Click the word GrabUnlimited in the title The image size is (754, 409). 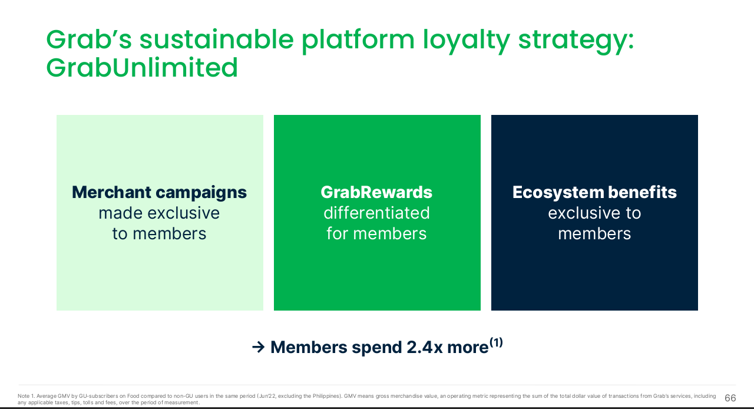click(142, 67)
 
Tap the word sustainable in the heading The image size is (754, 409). click(216, 39)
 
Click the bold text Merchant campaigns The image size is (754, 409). click(159, 193)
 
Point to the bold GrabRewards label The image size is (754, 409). click(376, 192)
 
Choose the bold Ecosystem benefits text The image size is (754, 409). click(594, 192)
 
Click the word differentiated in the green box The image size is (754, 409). click(376, 213)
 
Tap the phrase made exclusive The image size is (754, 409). click(159, 213)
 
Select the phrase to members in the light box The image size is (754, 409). click(159, 233)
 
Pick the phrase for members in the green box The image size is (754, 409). click(376, 233)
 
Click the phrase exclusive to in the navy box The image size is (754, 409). click(594, 213)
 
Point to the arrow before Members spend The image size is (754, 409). click(258, 347)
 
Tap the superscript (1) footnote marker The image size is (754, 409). click(496, 342)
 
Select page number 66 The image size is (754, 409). click(730, 398)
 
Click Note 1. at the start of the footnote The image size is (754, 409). click(26, 396)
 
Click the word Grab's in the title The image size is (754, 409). click(89, 39)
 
